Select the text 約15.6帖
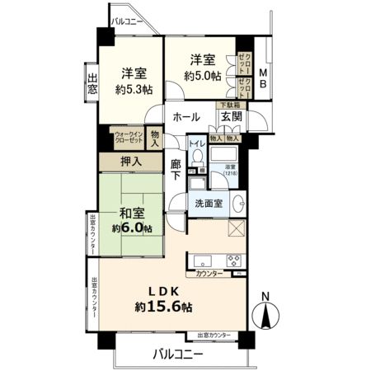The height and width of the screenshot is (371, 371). pos(164,307)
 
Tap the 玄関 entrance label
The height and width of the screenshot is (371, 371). pos(230,118)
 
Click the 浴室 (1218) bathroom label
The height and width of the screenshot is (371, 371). pos(230,171)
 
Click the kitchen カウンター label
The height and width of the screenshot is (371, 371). pos(209,273)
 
